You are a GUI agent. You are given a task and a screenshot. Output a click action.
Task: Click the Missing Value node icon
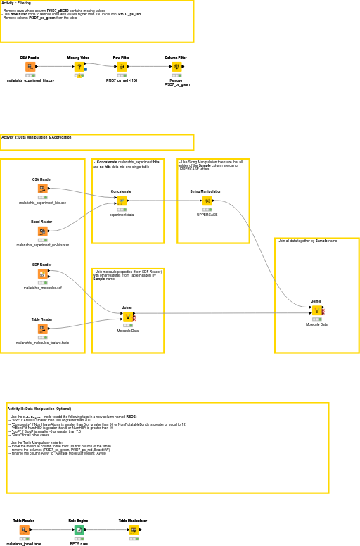pos(79,67)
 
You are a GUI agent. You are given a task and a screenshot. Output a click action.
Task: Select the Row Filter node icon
pos(121,67)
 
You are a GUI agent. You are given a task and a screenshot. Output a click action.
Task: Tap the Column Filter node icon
pos(176,67)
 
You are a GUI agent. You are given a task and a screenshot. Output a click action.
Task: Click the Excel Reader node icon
pos(42,231)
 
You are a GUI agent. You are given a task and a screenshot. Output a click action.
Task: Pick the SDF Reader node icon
pos(42,274)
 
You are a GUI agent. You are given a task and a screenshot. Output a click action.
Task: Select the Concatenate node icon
pos(121,201)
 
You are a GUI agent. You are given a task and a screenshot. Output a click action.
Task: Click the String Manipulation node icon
pos(207,201)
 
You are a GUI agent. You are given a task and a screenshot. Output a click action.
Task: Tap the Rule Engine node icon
pos(79,530)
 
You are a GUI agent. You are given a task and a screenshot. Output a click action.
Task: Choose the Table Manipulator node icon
pos(134,530)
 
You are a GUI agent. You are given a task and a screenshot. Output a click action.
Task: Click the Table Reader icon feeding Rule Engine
pos(24,530)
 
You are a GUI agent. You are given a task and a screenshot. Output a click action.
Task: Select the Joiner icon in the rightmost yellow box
pos(316,310)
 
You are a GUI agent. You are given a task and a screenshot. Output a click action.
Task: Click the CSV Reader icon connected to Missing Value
pos(30,67)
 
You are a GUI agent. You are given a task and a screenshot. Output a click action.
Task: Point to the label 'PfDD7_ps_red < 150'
pos(122,80)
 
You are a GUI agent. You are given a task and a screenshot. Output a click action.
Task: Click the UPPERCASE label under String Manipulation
pos(207,215)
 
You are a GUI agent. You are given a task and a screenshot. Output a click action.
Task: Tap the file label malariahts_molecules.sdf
pos(42,288)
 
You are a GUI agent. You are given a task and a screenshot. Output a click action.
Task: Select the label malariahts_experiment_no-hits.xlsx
pos(42,245)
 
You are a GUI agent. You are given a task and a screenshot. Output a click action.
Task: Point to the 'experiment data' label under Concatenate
pos(121,215)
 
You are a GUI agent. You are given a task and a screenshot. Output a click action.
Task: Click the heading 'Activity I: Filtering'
pos(16,3)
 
